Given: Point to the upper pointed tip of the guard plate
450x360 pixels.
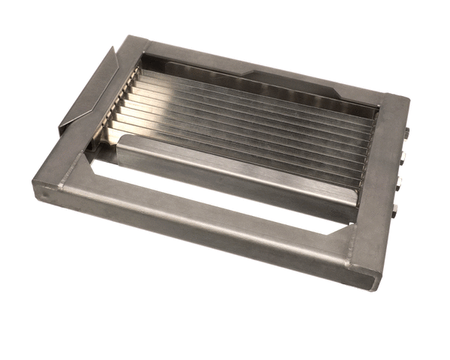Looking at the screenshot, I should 113,48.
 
